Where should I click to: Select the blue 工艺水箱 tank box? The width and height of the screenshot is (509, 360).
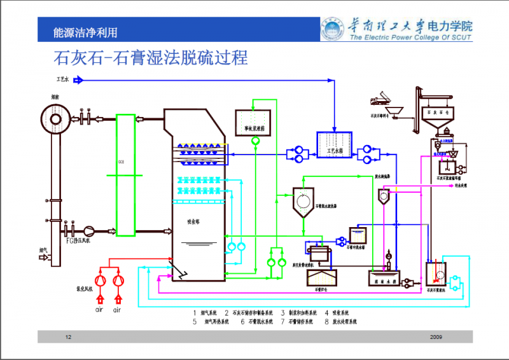[x=334, y=143]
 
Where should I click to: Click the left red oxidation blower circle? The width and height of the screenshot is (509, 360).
[x=101, y=280]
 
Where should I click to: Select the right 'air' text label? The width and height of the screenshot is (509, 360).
[x=117, y=310]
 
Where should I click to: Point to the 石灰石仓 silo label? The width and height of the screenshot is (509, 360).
[x=442, y=111]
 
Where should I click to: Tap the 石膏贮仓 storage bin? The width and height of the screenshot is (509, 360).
[x=323, y=279]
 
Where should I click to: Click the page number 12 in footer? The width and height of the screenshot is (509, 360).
[x=68, y=336]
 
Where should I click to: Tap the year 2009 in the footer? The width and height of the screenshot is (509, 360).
[x=436, y=336]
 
